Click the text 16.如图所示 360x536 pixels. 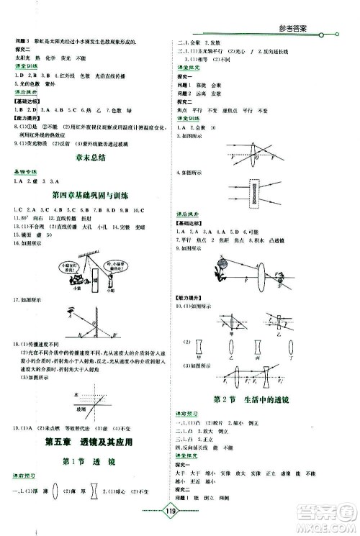(x=23, y=245)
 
